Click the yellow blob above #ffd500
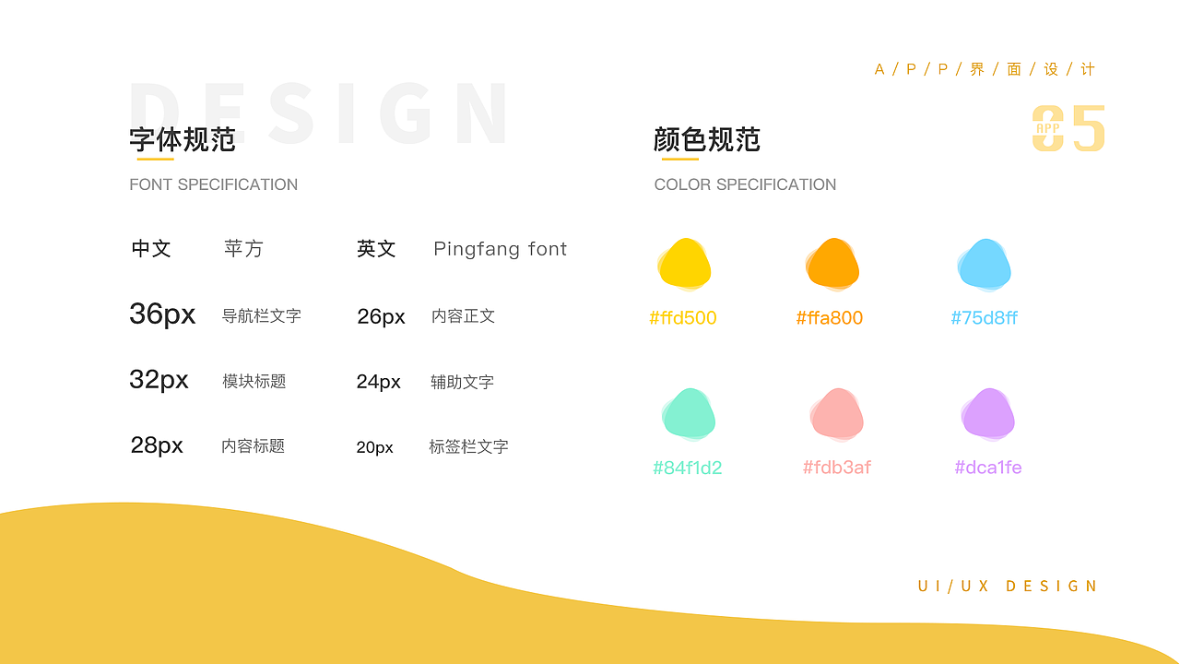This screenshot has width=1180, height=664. pyautogui.click(x=684, y=264)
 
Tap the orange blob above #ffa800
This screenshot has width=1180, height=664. pyautogui.click(x=832, y=264)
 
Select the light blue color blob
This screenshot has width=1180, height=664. pyautogui.click(x=985, y=264)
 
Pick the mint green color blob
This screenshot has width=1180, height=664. pyautogui.click(x=689, y=414)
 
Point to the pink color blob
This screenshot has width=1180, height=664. pyautogui.click(x=837, y=414)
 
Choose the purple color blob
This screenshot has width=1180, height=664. pyautogui.click(x=988, y=414)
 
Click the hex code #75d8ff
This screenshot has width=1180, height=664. pyautogui.click(x=985, y=318)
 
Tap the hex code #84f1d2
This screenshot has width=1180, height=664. pyautogui.click(x=688, y=468)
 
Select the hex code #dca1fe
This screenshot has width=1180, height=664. pyautogui.click(x=988, y=468)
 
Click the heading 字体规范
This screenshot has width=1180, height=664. pyautogui.click(x=183, y=139)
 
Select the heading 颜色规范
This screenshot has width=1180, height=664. pyautogui.click(x=707, y=139)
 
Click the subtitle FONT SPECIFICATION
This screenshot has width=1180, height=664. pyautogui.click(x=214, y=184)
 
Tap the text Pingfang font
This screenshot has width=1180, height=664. pyautogui.click(x=501, y=249)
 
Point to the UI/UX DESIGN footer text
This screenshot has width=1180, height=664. pyautogui.click(x=1008, y=587)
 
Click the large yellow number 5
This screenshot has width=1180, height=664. pyautogui.click(x=1088, y=129)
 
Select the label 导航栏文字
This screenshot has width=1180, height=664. pyautogui.click(x=262, y=315)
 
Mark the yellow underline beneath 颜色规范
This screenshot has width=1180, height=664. pyautogui.click(x=679, y=160)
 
